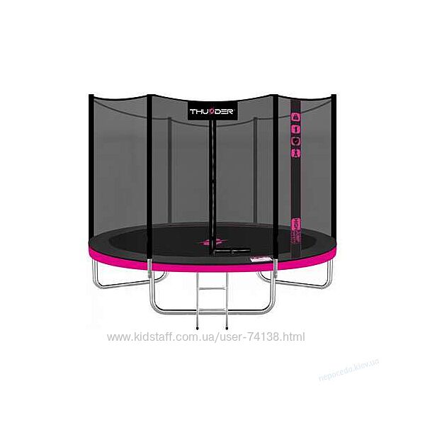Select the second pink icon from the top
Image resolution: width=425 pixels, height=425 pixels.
click(297, 130)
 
